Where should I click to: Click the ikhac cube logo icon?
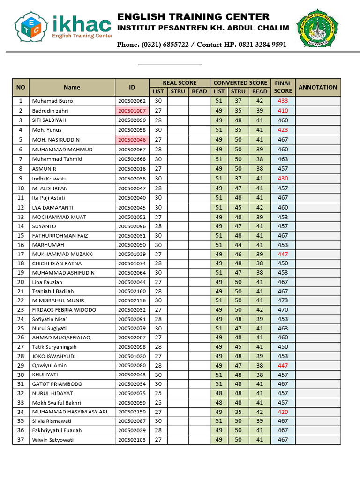(31, 26)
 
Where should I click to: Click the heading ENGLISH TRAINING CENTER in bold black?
(193, 17)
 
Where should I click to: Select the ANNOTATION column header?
(318, 87)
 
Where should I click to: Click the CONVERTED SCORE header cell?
(240, 83)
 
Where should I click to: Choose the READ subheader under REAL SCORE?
(199, 91)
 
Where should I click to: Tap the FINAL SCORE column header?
(283, 87)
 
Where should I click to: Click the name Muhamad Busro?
(52, 101)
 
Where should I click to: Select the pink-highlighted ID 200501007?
(132, 111)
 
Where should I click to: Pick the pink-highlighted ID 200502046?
(132, 140)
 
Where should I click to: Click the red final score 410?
(283, 111)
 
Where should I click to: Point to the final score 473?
(283, 300)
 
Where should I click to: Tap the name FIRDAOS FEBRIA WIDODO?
(64, 310)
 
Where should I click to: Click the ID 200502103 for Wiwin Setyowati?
(132, 440)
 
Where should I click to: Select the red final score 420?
(283, 412)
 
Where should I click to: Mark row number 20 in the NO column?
(21, 282)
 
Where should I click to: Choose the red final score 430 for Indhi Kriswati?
(283, 179)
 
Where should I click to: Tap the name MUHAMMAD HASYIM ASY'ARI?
(69, 412)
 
